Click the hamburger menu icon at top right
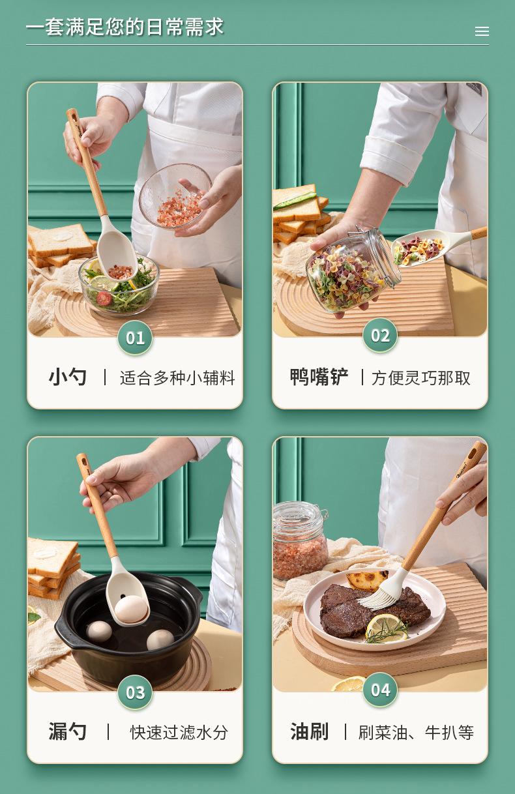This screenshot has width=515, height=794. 482,31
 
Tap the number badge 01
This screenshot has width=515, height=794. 135,338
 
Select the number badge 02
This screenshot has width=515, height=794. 380,335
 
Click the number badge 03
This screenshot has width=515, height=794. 135,692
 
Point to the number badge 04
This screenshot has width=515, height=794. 380,690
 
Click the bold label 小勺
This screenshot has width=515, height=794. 67,377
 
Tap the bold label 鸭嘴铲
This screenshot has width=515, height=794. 319,377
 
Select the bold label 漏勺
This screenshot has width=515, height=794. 67,731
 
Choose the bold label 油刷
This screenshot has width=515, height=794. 309,731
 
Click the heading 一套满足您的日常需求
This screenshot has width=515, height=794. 125,27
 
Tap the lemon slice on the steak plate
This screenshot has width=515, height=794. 386,628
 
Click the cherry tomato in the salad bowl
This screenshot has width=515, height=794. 104,298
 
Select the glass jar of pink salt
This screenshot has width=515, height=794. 300,540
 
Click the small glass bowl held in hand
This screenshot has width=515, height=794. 175,196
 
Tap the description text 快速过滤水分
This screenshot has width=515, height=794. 179,732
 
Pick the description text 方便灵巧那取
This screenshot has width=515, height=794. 420,378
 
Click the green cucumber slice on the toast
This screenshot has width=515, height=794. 294,200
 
